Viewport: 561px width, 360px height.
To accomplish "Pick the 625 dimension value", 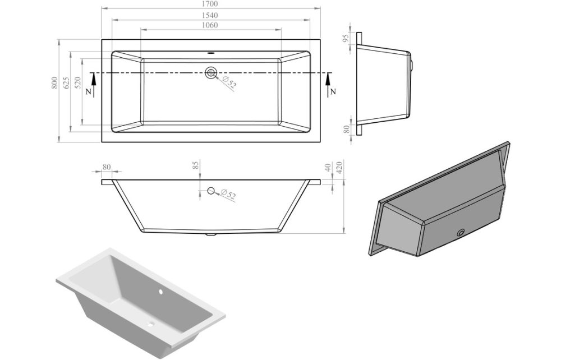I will coord(66,83).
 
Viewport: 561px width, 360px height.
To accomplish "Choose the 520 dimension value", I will coord(77,83).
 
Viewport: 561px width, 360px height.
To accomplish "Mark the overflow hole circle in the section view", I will coord(211,191).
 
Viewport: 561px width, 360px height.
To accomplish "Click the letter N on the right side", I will coord(333,91).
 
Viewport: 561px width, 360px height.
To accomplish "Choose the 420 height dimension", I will coord(340,169).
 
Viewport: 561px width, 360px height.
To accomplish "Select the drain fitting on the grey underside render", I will coord(462,232).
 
